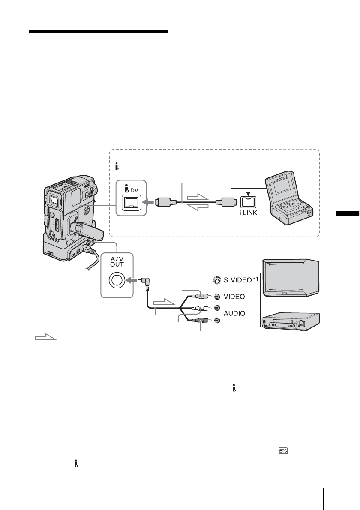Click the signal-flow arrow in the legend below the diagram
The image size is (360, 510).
(x=45, y=339)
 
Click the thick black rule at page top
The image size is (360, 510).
(x=98, y=32)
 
